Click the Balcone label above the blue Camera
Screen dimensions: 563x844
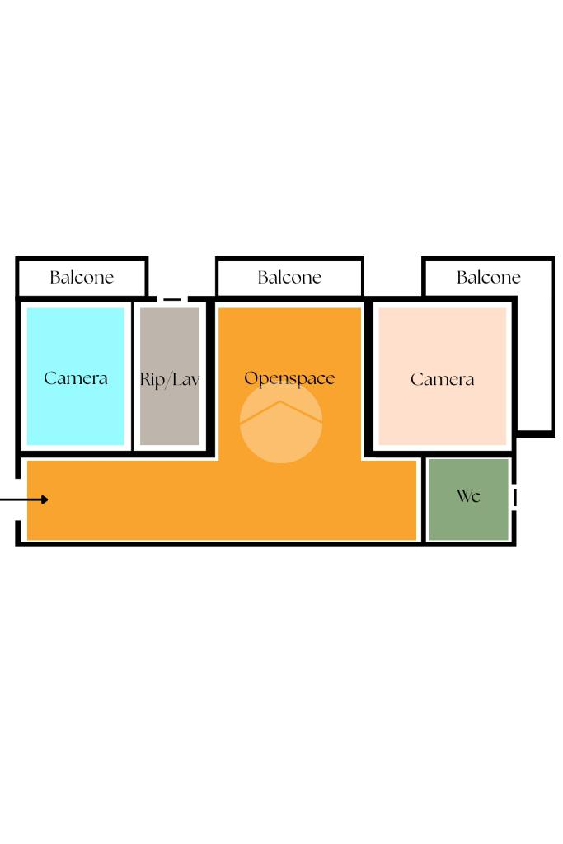82,278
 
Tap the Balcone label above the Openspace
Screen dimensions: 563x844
289,278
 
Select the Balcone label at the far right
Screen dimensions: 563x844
489,278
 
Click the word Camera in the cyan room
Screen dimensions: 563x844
76,379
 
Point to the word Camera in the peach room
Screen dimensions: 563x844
443,380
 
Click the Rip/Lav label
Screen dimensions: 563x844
170,380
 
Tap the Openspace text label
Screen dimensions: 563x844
289,379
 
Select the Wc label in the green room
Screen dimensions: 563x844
468,496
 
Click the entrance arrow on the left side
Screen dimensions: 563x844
25,499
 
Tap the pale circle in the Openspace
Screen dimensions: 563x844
281,437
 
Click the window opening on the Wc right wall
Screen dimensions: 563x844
514,497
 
